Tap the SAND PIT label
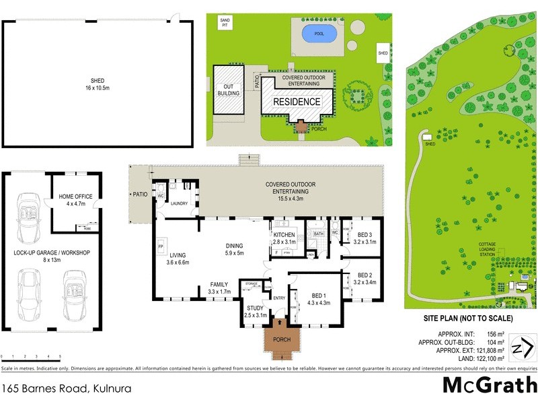[225, 22]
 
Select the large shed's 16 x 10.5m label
[98, 89]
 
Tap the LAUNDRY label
[178, 203]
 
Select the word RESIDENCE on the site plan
[297, 102]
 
